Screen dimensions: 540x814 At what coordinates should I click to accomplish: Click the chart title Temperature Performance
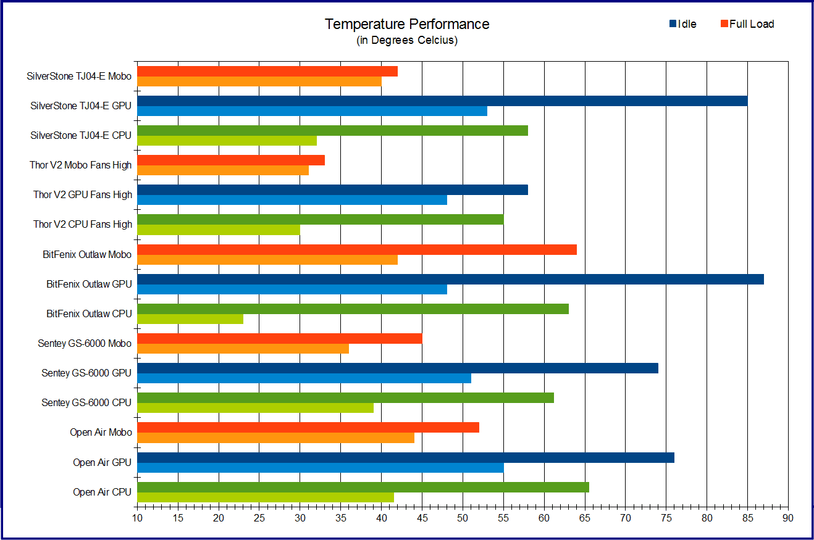pyautogui.click(x=407, y=24)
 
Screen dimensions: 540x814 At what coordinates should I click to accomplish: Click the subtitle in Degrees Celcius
pyautogui.click(x=407, y=41)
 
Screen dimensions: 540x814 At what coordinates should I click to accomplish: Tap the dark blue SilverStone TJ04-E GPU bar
pyautogui.click(x=442, y=101)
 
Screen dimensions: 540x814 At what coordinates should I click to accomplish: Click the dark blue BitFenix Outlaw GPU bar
pyautogui.click(x=450, y=279)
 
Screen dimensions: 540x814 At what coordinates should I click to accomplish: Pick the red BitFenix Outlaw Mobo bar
pyautogui.click(x=356, y=249)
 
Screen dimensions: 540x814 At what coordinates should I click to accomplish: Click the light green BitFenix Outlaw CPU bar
pyautogui.click(x=190, y=319)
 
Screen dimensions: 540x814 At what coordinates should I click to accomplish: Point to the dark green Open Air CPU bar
pyautogui.click(x=363, y=487)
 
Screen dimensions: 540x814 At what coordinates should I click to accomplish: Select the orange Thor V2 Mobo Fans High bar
pyautogui.click(x=222, y=170)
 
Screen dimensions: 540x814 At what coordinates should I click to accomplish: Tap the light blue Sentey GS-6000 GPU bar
pyautogui.click(x=304, y=378)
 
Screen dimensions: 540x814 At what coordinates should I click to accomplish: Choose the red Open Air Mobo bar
pyautogui.click(x=308, y=427)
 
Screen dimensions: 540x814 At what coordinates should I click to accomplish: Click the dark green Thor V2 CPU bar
pyautogui.click(x=320, y=219)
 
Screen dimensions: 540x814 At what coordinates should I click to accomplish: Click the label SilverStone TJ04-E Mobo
pyautogui.click(x=80, y=77)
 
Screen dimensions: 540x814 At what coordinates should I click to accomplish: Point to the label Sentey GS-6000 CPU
pyautogui.click(x=86, y=402)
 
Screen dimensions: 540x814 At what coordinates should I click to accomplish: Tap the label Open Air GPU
pyautogui.click(x=102, y=462)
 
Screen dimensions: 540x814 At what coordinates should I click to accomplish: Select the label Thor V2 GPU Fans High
pyautogui.click(x=83, y=194)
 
